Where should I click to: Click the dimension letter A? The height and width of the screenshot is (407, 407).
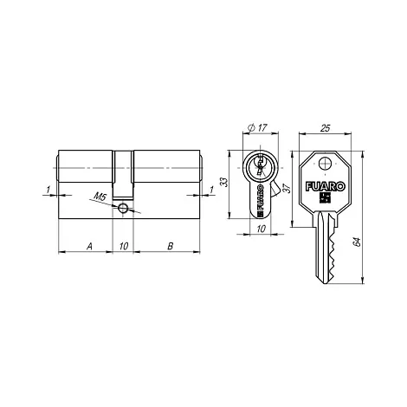point(90,246)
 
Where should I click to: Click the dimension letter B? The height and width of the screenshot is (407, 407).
point(171,246)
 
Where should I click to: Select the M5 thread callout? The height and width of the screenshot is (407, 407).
point(100,197)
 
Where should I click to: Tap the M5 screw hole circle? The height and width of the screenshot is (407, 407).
point(122,207)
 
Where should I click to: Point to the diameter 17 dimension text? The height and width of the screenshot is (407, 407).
point(257,127)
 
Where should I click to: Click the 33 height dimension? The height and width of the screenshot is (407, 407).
point(224,182)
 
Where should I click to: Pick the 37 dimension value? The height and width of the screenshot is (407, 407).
point(287,189)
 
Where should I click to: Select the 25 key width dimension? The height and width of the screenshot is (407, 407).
point(326,128)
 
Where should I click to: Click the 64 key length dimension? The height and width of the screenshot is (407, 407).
point(357,242)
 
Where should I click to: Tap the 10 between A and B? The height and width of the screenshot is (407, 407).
point(124,246)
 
